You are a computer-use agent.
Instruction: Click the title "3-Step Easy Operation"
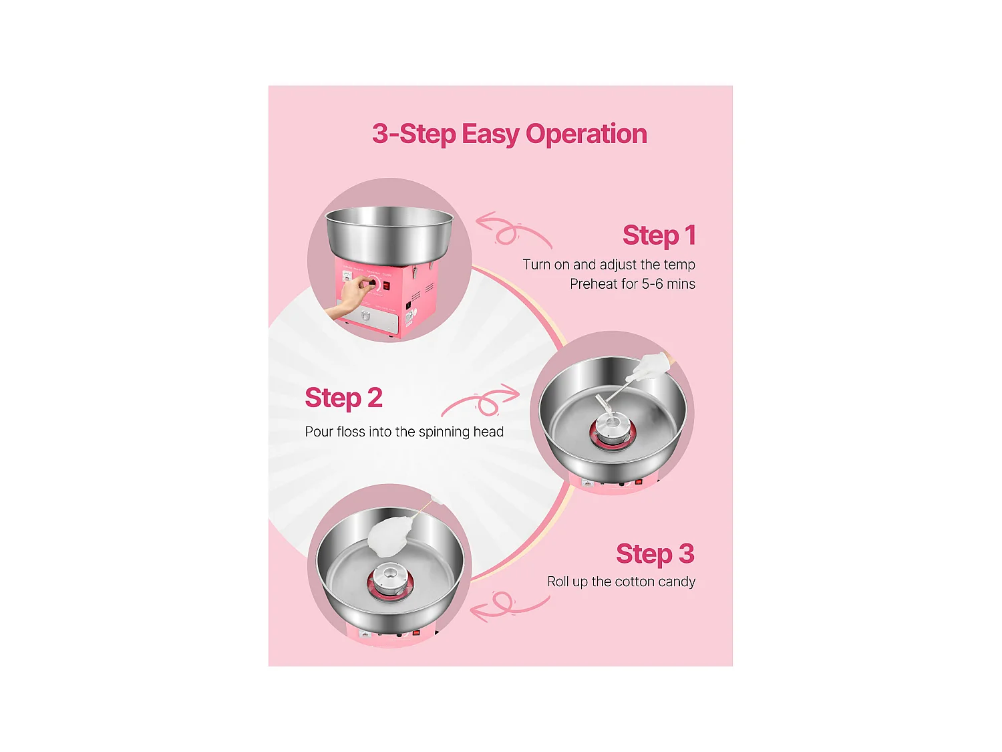tap(509, 134)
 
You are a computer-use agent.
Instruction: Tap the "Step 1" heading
tap(659, 235)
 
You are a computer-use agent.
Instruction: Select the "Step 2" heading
tap(343, 398)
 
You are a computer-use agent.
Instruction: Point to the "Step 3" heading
tap(655, 554)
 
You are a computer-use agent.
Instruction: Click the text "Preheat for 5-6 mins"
tap(632, 284)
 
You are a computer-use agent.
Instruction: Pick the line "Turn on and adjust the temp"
tap(609, 265)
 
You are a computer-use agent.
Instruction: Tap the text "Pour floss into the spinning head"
tap(404, 432)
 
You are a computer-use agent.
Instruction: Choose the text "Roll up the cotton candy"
tap(621, 582)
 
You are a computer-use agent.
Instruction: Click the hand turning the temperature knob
tap(351, 297)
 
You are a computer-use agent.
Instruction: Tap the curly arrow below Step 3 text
tap(509, 606)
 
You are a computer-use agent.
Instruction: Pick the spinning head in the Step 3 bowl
tap(389, 580)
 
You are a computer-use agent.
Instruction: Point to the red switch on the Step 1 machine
tap(387, 286)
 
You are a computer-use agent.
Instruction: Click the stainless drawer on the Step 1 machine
tap(367, 317)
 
